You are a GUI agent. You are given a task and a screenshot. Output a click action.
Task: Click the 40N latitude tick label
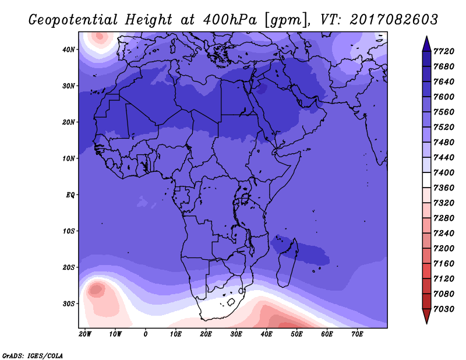pos(69,50)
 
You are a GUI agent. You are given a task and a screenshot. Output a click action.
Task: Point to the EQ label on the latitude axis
pos(70,195)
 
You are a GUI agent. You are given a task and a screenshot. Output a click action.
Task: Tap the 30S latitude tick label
pos(69,304)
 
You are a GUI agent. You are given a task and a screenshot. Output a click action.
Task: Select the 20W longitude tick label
pos(85,334)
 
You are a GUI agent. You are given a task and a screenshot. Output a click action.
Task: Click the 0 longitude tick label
pos(145,334)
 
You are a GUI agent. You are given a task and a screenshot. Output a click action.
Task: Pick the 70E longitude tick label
pos(357,334)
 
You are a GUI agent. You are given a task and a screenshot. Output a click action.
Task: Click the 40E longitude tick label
pos(266,334)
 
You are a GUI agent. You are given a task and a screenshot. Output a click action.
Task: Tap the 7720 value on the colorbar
pos(444,51)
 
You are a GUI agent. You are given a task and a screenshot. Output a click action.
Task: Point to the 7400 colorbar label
pos(444,172)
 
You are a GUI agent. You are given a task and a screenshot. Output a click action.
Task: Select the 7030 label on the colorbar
pos(444,309)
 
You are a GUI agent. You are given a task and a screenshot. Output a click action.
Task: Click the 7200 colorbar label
pos(444,249)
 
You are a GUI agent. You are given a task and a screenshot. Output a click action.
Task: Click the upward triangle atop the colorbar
pos(426,44)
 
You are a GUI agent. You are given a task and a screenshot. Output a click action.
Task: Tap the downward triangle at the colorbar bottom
pos(426,316)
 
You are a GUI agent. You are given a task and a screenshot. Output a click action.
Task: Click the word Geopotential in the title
pos(73,20)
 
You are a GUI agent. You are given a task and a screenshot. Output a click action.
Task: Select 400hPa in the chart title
pos(230,20)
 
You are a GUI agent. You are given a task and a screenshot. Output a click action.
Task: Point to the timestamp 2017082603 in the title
pos(394,20)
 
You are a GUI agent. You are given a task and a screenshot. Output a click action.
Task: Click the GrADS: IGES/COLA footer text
pos(33,356)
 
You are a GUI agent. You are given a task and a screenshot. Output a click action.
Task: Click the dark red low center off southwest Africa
pos(96,290)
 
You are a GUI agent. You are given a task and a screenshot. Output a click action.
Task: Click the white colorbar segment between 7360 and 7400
pos(426,180)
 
